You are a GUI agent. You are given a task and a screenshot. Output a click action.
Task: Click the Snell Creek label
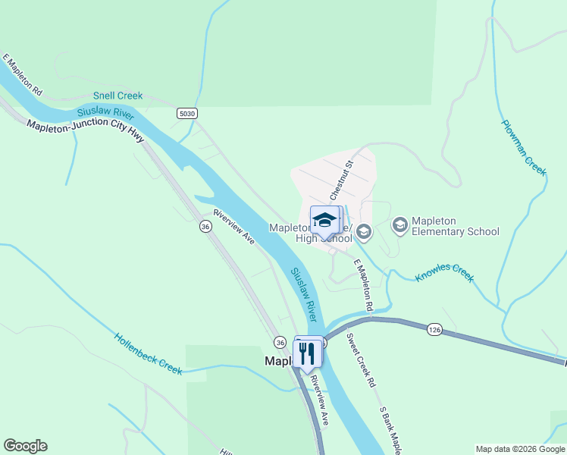117,96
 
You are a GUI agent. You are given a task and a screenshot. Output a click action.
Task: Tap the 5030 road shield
187,114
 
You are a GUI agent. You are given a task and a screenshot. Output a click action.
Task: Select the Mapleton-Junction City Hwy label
85,130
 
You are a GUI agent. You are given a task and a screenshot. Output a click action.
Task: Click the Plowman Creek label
524,147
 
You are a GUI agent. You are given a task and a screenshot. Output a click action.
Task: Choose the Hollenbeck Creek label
149,353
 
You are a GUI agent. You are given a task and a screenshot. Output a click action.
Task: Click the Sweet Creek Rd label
361,359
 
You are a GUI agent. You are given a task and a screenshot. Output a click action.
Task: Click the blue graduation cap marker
324,220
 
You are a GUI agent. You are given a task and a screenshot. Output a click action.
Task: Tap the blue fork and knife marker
307,353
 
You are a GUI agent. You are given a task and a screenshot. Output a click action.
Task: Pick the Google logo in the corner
25,446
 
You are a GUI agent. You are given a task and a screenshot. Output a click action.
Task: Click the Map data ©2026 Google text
519,449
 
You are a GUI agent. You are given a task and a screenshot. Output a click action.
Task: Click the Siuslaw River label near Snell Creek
105,114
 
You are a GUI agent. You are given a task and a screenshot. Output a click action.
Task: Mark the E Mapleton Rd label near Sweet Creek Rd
364,285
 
